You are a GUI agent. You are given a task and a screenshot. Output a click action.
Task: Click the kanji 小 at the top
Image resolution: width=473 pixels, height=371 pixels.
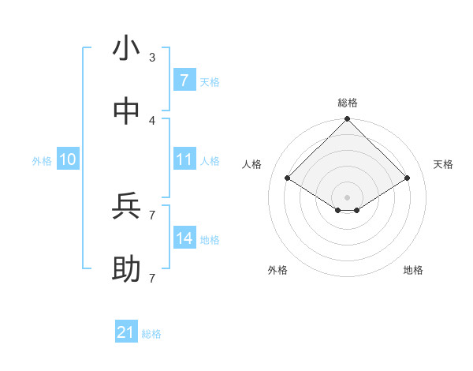(126, 49)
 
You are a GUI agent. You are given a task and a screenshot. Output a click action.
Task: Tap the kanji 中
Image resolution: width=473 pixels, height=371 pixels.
(126, 112)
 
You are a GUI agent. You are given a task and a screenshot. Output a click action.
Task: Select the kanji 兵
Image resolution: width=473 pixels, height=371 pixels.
(126, 207)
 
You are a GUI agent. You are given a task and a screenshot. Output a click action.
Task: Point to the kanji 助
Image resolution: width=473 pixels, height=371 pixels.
(126, 270)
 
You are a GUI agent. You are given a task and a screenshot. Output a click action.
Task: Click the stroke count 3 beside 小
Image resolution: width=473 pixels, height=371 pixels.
(152, 57)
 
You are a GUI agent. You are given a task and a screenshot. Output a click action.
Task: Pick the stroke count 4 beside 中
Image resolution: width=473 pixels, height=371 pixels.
(152, 120)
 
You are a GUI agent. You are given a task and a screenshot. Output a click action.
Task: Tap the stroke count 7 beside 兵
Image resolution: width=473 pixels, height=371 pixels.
(152, 215)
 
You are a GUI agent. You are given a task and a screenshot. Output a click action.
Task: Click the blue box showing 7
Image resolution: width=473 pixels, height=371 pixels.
(184, 80)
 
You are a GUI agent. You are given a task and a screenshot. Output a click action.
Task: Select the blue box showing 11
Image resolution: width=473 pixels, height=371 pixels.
(184, 159)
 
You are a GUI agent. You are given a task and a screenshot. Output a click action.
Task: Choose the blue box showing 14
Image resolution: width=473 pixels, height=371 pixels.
(184, 238)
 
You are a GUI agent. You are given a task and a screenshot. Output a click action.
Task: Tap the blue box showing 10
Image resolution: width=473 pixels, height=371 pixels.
(68, 159)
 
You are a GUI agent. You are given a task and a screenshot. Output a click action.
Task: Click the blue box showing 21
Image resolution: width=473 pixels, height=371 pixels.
(125, 332)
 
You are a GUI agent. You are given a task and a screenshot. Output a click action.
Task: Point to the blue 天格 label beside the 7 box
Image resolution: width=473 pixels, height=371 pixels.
(210, 81)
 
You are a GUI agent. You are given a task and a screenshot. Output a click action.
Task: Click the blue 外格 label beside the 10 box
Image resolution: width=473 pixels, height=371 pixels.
(42, 161)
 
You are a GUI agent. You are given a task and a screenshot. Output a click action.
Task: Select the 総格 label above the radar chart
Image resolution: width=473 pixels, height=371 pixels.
(348, 103)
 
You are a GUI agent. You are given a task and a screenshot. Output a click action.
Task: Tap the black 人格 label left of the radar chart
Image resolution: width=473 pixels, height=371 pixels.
(252, 164)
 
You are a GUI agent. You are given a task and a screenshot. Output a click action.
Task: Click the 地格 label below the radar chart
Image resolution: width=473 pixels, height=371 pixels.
(413, 270)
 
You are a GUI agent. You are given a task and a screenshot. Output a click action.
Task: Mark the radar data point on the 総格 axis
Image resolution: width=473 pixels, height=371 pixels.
(347, 120)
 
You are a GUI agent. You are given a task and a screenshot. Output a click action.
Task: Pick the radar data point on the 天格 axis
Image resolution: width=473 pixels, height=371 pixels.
(408, 178)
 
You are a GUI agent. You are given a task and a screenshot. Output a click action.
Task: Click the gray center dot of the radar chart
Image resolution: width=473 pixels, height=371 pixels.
(347, 197)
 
